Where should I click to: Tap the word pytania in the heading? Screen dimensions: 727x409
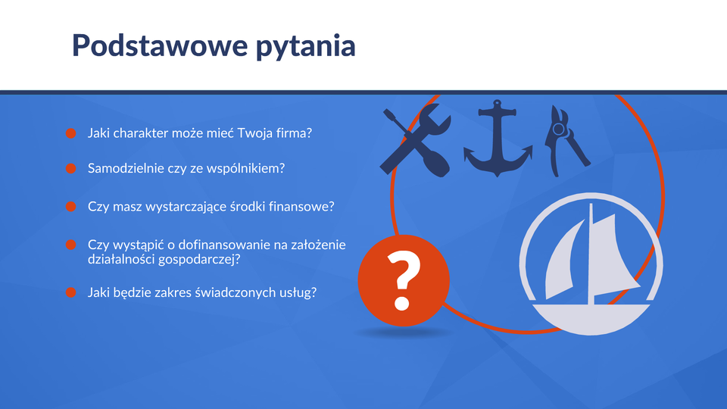click(x=305, y=47)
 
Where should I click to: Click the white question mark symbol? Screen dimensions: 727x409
click(x=404, y=280)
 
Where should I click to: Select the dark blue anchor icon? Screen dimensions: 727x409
click(x=498, y=138)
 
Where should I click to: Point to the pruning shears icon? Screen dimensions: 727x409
click(x=566, y=141)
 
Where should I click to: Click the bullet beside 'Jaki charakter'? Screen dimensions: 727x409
click(x=71, y=133)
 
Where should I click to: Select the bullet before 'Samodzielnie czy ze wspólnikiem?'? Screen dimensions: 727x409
click(x=71, y=168)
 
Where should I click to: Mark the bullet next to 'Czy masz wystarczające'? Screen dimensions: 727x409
click(x=71, y=206)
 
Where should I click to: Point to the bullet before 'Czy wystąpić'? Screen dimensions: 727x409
click(x=71, y=245)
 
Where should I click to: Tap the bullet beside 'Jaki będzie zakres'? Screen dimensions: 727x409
click(x=71, y=292)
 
